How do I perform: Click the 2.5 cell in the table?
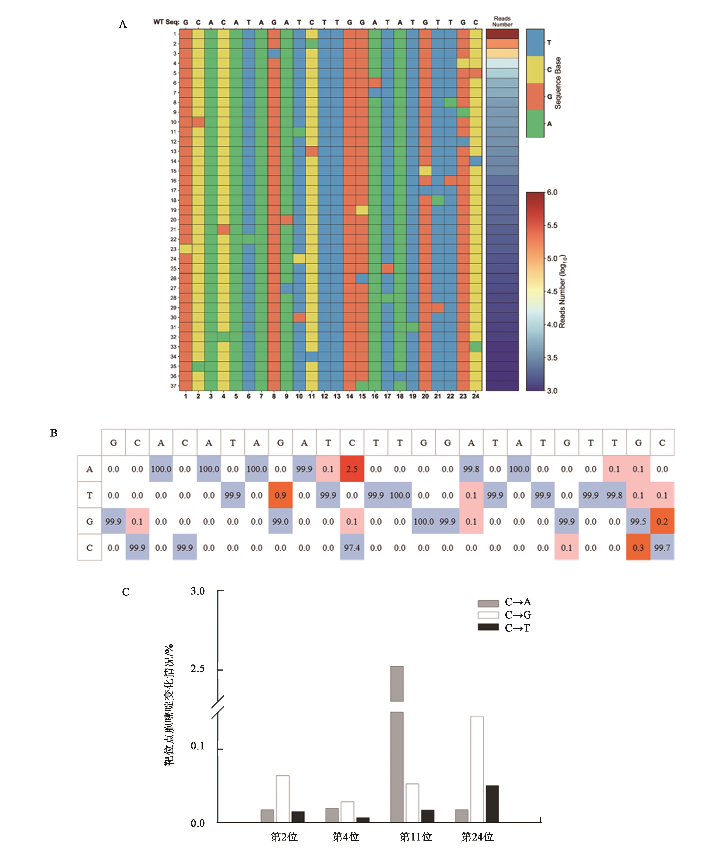352,469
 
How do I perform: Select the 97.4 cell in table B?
352,547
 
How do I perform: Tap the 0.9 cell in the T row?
280,495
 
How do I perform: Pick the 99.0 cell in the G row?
280,521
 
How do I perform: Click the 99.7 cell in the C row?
662,547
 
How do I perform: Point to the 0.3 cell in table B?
638,547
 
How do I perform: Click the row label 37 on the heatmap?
173,386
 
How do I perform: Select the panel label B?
54,433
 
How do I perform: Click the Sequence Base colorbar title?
558,83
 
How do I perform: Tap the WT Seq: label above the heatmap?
166,22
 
